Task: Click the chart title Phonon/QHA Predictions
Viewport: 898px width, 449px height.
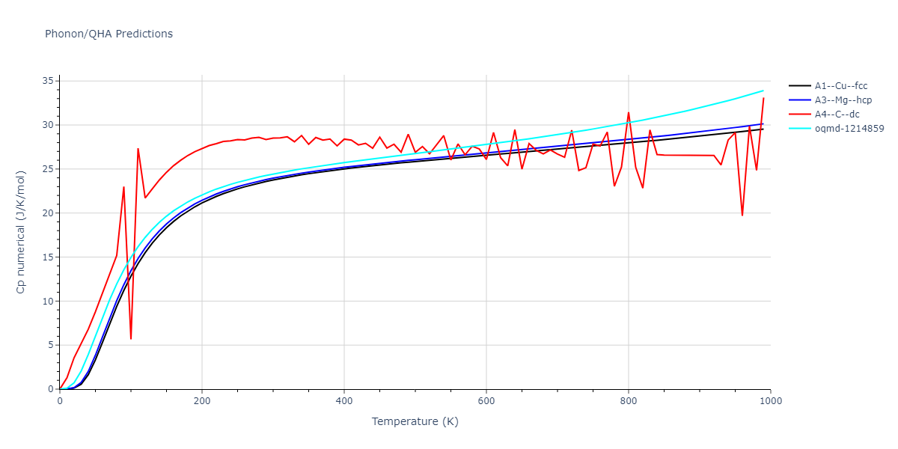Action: coord(109,34)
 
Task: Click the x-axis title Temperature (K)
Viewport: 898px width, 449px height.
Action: coord(415,421)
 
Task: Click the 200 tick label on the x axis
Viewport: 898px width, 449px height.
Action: coord(202,401)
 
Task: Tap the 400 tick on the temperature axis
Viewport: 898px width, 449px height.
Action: coord(344,401)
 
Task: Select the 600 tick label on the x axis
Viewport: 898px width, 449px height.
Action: coord(486,401)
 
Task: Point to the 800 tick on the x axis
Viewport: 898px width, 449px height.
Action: coord(629,401)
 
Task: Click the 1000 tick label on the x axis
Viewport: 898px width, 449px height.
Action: coord(771,401)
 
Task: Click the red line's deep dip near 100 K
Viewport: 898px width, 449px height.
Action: coord(131,338)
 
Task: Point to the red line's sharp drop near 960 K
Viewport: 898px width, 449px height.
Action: coord(742,216)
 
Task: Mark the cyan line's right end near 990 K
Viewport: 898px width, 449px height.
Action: coord(763,91)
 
